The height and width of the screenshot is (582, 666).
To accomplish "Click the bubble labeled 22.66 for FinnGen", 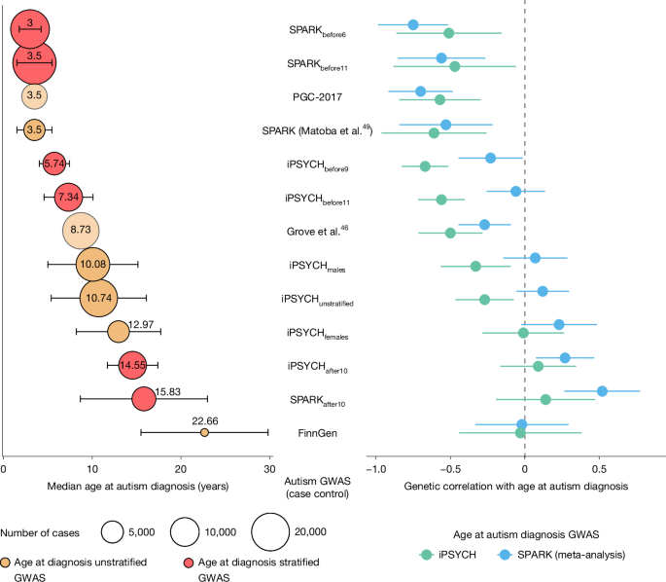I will click(x=204, y=432).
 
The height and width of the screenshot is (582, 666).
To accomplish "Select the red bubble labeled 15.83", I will click(x=144, y=399).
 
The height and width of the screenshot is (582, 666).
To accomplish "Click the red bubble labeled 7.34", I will click(x=68, y=198).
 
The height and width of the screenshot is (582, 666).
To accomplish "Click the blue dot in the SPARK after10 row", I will click(x=602, y=391).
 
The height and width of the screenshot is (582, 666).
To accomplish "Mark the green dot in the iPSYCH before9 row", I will click(x=425, y=166).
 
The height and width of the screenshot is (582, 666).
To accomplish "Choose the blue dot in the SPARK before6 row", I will click(x=413, y=24).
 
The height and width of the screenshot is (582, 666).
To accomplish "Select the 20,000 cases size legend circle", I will click(x=270, y=532).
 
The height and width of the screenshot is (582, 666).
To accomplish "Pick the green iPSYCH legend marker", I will click(x=426, y=555).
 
